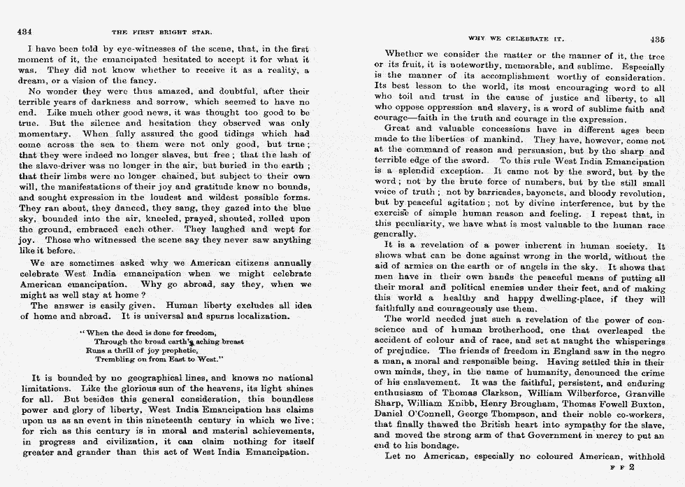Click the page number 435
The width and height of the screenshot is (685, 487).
click(x=656, y=39)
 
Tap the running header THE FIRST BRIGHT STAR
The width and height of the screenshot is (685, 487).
click(x=162, y=32)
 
